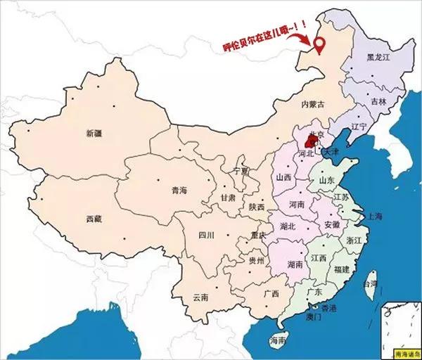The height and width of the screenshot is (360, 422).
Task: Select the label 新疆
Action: point(95,133)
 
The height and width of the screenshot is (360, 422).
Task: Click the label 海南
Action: point(278,341)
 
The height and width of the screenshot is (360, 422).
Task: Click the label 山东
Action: point(327,181)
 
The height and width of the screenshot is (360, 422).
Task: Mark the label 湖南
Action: point(295,265)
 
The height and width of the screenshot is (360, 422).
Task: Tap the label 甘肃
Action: point(228,199)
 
